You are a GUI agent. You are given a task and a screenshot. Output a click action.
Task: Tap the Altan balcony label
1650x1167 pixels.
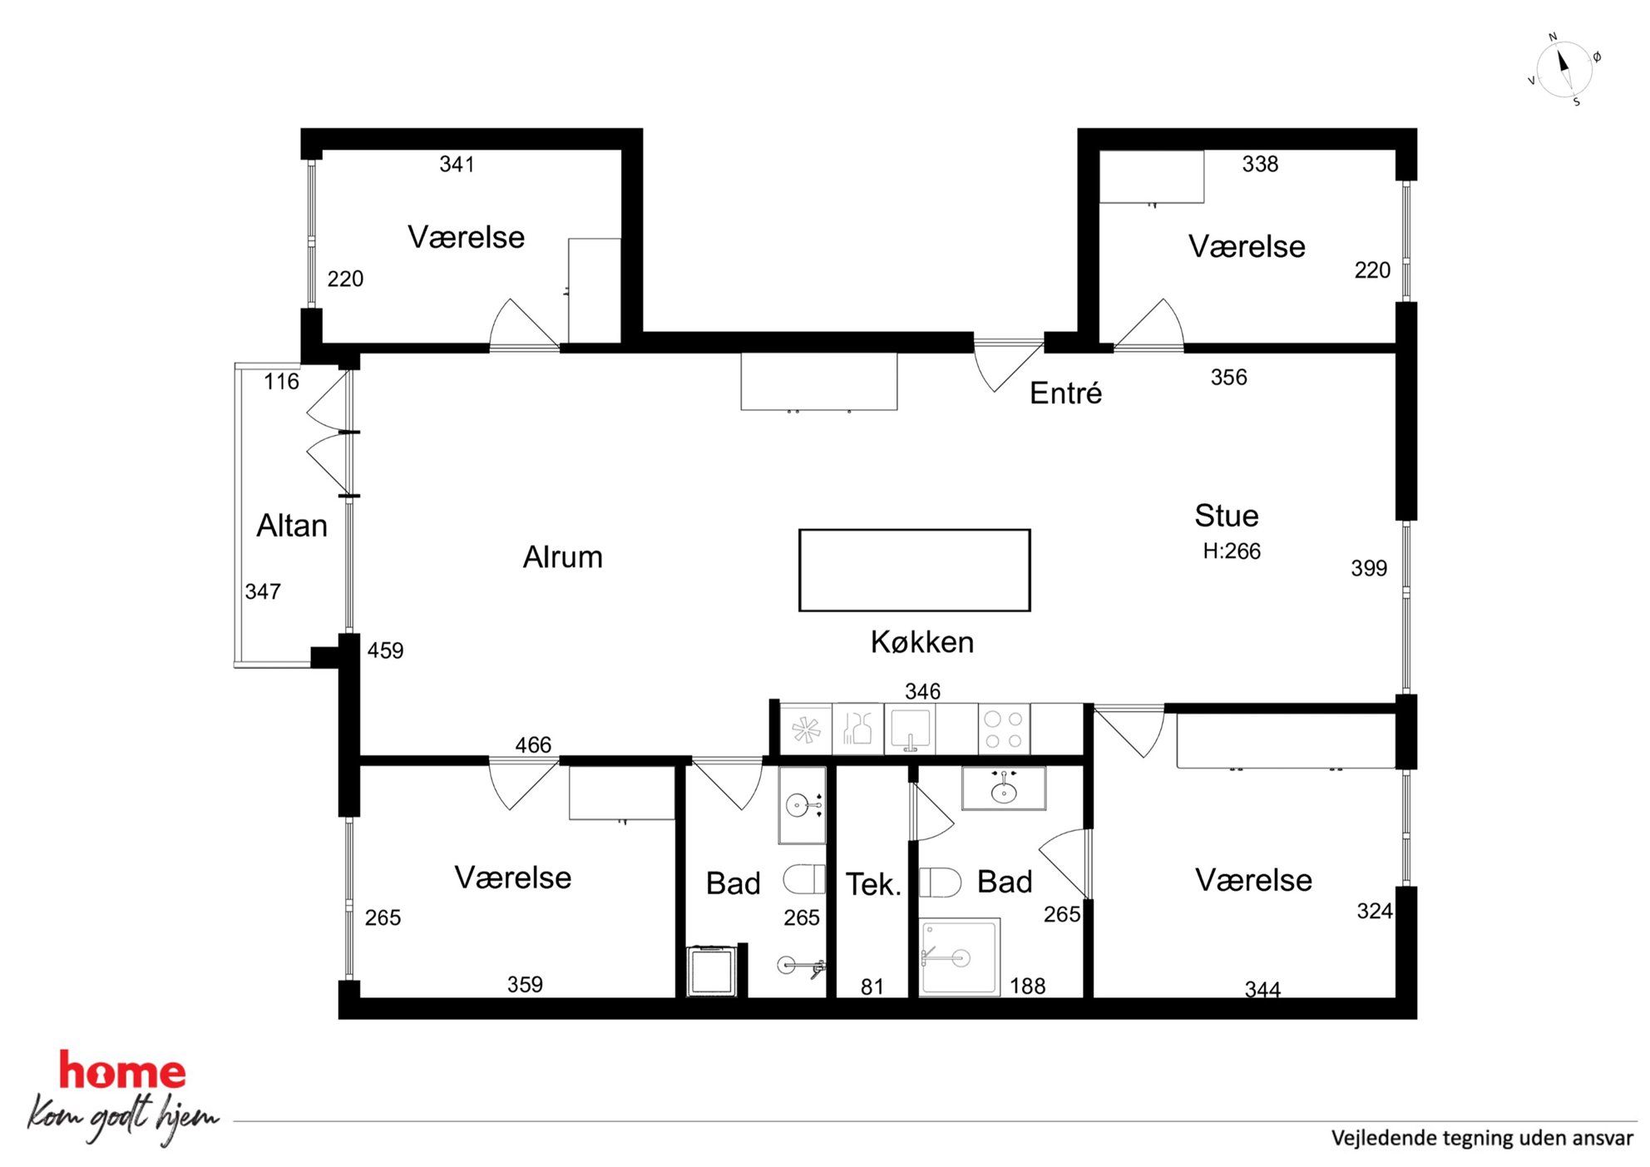(x=292, y=526)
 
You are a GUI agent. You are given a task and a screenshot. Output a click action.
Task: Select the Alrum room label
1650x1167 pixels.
(x=563, y=556)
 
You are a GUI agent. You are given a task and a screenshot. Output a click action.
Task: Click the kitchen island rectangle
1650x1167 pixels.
(x=915, y=530)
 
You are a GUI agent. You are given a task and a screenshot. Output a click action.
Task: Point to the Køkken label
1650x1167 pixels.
(x=922, y=642)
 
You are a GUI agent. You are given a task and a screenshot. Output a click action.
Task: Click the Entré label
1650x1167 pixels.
(x=1066, y=393)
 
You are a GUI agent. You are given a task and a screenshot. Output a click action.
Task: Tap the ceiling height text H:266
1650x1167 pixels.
(x=1232, y=551)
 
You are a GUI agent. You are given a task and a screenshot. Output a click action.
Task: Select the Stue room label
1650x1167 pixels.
(x=1227, y=516)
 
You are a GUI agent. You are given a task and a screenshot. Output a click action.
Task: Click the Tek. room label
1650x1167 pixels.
(x=874, y=884)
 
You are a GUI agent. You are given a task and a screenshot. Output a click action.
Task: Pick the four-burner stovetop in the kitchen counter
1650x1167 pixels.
(x=1004, y=729)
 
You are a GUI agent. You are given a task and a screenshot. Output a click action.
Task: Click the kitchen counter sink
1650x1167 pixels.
(x=910, y=729)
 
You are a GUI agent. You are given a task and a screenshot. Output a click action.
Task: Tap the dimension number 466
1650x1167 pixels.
(x=533, y=744)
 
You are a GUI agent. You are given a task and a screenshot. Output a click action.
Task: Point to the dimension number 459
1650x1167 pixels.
(x=385, y=650)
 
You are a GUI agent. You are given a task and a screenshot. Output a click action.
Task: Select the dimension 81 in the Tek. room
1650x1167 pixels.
(x=872, y=987)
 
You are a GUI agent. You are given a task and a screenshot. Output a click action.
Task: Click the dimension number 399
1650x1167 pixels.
(x=1369, y=568)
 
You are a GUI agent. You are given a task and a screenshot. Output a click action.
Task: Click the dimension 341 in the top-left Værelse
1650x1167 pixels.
(x=457, y=164)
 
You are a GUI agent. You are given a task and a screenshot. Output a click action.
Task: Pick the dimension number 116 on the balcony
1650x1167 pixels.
(x=281, y=382)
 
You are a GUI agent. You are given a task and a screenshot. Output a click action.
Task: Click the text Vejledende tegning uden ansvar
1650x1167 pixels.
(x=1482, y=1138)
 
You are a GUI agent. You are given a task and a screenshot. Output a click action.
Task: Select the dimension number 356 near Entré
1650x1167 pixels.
(x=1228, y=378)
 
